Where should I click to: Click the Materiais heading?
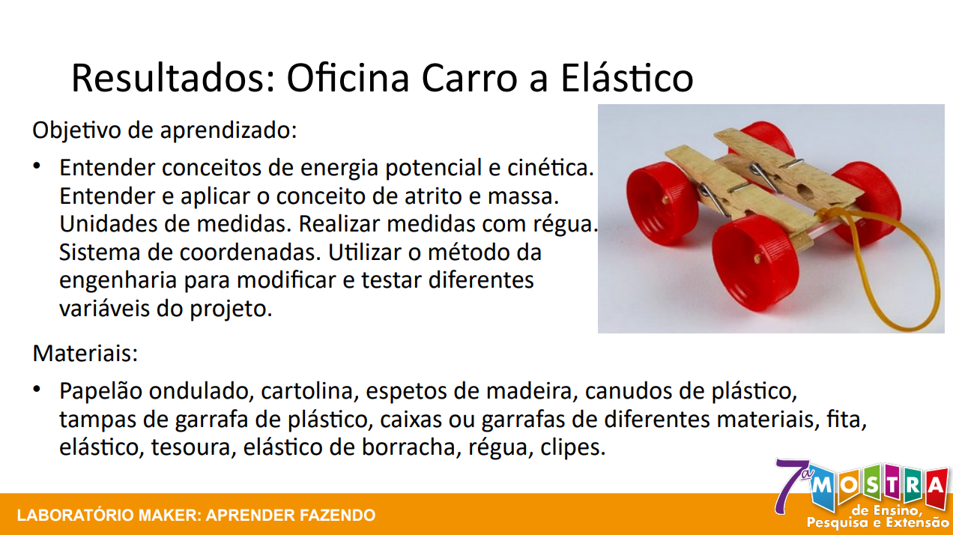pyautogui.click(x=85, y=352)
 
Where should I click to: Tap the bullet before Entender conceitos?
pyautogui.click(x=38, y=166)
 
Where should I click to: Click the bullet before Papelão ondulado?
pyautogui.click(x=38, y=390)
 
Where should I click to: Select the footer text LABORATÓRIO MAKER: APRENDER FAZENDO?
pyautogui.click(x=196, y=516)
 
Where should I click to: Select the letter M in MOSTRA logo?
pyautogui.click(x=821, y=486)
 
